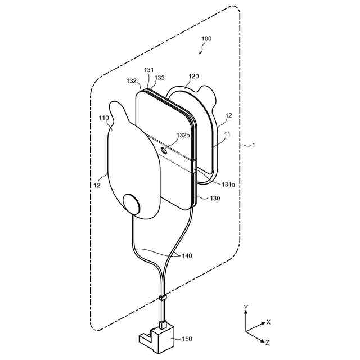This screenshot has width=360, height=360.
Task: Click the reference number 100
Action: pyautogui.click(x=206, y=39)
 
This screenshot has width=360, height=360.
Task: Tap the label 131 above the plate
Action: pyautogui.click(x=148, y=70)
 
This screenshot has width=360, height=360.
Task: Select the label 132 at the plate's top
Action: pyautogui.click(x=131, y=81)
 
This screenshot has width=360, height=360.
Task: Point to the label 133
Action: pyautogui.click(x=160, y=78)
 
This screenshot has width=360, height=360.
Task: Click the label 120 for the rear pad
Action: pyautogui.click(x=193, y=75)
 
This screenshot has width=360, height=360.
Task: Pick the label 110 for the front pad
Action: pyautogui.click(x=103, y=118)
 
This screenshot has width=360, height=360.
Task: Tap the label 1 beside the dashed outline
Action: pyautogui.click(x=253, y=145)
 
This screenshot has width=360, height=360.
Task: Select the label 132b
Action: pyautogui.click(x=183, y=136)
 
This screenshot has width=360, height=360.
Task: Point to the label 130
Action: pyautogui.click(x=215, y=198)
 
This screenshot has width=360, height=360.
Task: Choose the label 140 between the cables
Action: pyautogui.click(x=186, y=256)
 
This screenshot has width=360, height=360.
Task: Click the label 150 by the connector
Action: pyautogui.click(x=186, y=339)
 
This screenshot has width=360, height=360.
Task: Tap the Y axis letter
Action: pyautogui.click(x=246, y=307)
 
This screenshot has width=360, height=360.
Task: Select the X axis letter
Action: pyautogui.click(x=269, y=322)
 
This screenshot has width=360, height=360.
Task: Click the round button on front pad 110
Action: pyautogui.click(x=133, y=204)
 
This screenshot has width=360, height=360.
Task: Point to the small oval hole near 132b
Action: pyautogui.click(x=165, y=150)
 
